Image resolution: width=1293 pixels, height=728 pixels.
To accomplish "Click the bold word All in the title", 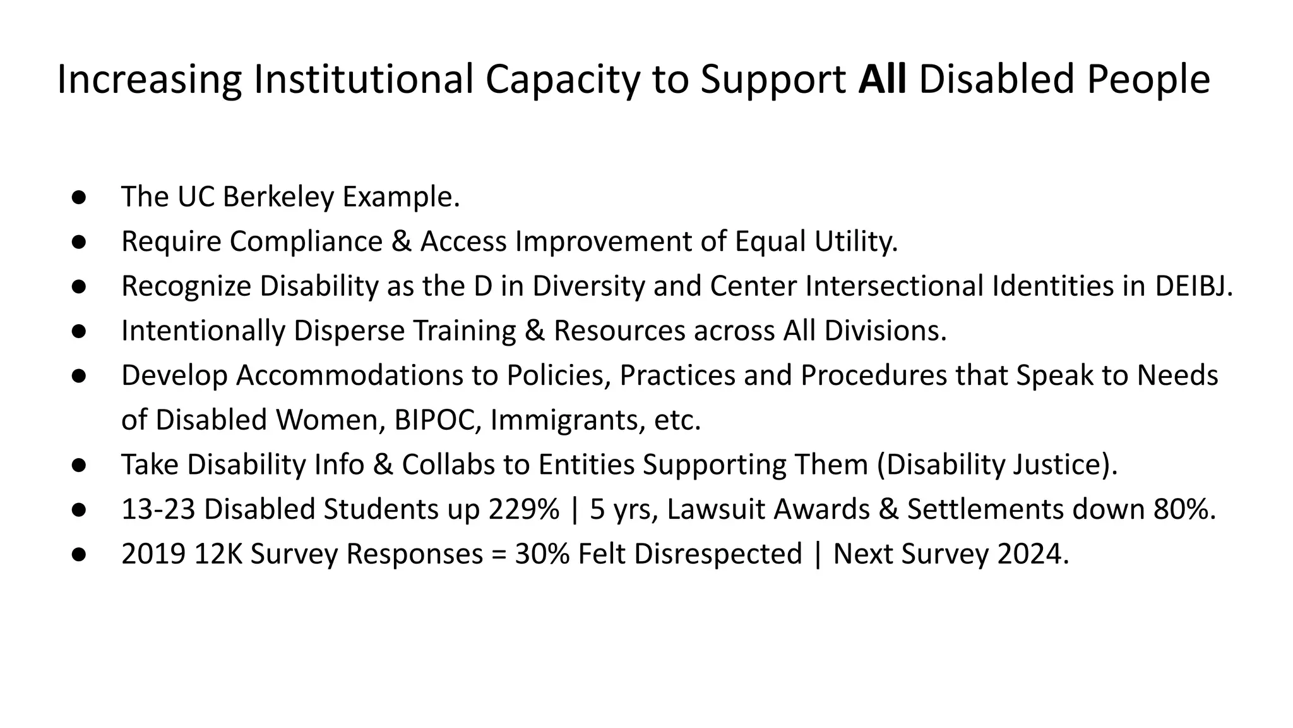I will click(x=882, y=80).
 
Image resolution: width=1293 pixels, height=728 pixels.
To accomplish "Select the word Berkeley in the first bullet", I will click(x=278, y=197).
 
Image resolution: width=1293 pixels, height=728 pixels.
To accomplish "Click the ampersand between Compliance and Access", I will click(x=402, y=241).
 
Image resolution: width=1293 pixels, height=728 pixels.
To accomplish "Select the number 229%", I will click(x=523, y=509).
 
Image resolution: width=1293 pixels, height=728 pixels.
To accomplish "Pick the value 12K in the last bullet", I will click(x=218, y=554).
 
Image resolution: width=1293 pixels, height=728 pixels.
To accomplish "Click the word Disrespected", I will click(x=718, y=554).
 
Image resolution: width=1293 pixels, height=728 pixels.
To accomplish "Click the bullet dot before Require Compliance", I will click(x=79, y=241).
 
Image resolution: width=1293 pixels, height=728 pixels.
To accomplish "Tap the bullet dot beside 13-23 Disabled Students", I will click(x=79, y=509).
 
